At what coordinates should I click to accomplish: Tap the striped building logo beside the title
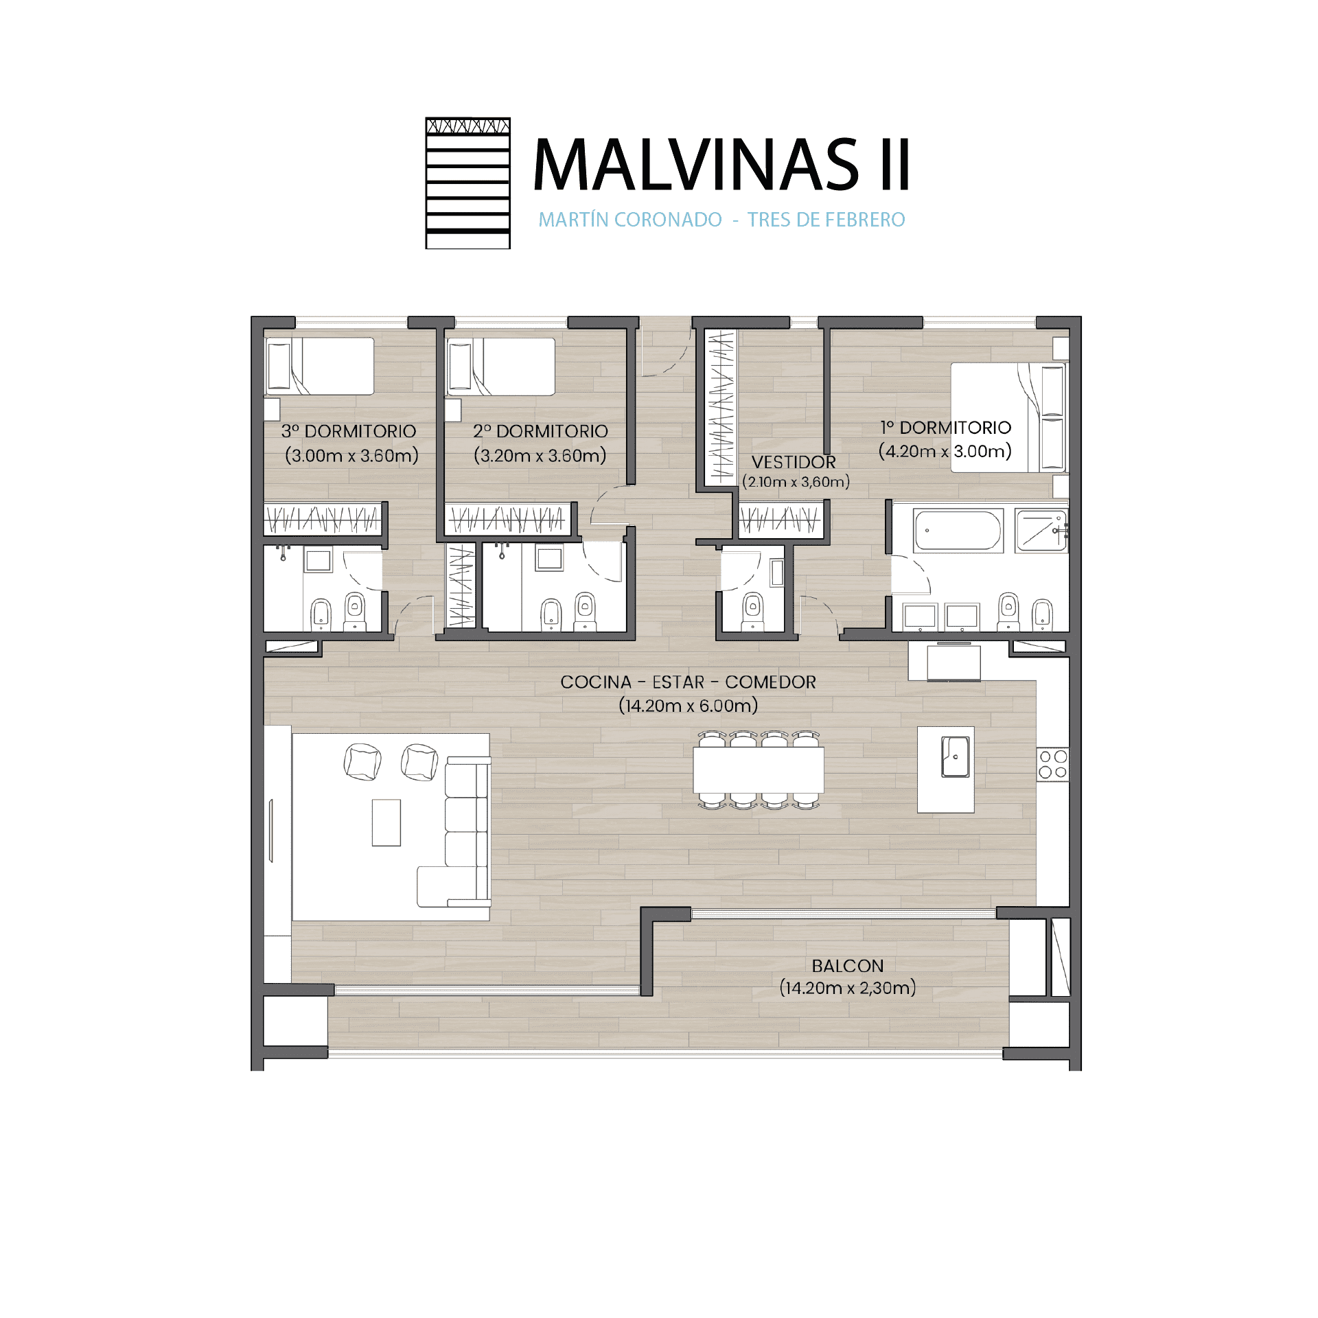pos(467,183)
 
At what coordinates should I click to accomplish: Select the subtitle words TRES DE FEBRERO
pos(826,220)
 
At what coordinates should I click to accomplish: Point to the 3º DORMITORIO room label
pos(349,431)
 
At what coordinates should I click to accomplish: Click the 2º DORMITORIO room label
pos(540,431)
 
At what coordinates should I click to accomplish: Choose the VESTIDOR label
pos(794,462)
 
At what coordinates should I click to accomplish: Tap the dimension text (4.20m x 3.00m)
pos(945,452)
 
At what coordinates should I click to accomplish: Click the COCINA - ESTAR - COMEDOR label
pos(688,682)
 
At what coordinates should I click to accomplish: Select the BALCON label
pos(848,966)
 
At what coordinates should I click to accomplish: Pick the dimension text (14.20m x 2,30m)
pos(848,988)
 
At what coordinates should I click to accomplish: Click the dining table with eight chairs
pos(759,770)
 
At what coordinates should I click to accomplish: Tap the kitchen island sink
pos(955,756)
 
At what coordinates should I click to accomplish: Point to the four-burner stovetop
pos(1052,764)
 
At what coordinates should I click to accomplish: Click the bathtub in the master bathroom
pos(958,531)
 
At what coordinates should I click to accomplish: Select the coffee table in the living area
pos(386,822)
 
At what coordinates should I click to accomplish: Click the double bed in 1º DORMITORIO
pos(1008,417)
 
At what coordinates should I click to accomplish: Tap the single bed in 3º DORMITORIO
pos(320,366)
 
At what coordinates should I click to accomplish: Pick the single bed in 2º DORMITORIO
pos(501,366)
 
